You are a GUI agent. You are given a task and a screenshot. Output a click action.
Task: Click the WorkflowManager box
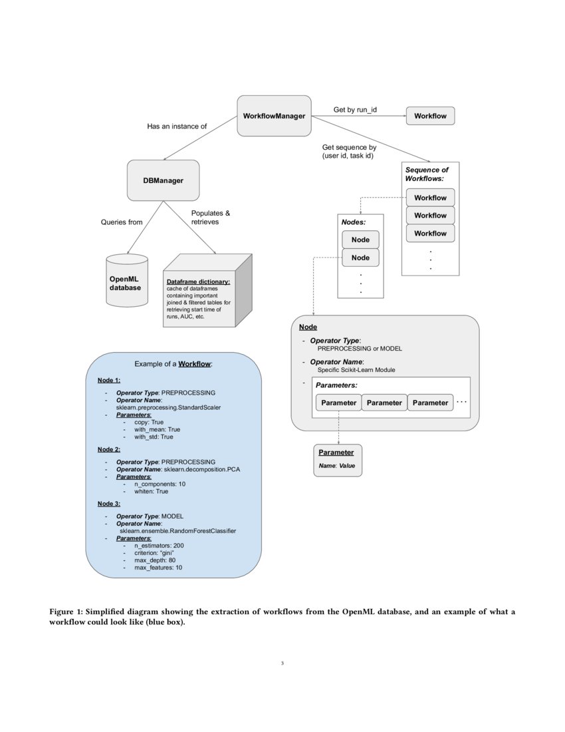pos(274,116)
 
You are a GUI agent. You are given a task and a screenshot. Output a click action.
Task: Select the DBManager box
pos(163,180)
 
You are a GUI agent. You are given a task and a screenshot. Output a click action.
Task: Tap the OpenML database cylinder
pos(126,281)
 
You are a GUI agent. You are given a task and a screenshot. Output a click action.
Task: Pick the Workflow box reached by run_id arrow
pos(430,116)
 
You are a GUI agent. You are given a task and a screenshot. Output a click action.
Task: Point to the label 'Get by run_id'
pos(360,109)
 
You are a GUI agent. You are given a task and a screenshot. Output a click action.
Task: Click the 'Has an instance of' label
pos(177,126)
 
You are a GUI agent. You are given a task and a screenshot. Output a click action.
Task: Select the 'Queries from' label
pos(122,222)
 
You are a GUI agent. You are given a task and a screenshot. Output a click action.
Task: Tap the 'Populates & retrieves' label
pos(210,218)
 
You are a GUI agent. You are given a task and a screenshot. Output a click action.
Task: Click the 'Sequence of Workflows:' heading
pos(427,174)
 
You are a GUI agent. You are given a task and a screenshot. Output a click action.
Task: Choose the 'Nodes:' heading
pos(354,221)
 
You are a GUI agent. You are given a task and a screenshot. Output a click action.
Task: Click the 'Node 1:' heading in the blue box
pos(109,380)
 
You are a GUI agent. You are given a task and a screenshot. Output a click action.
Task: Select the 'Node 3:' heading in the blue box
pos(109,504)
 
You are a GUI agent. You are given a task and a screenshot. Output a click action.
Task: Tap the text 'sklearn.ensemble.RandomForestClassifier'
pos(177,531)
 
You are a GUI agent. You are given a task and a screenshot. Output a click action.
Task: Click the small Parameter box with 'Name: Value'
pos(338,459)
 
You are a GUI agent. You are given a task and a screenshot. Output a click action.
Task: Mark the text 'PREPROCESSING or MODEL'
pos(360,348)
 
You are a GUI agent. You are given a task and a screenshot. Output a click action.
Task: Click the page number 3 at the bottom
pos(282,663)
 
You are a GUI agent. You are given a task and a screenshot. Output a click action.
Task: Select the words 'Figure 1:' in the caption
pos(66,612)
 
